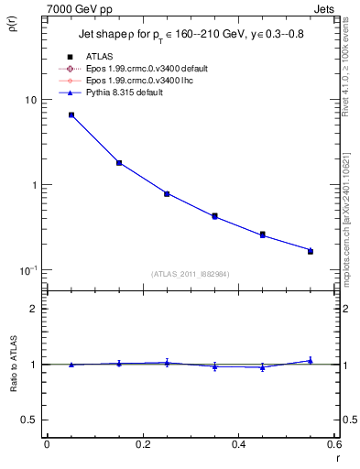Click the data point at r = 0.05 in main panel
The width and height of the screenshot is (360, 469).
pyautogui.click(x=71, y=115)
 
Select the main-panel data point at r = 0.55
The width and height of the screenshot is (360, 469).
pyautogui.click(x=311, y=250)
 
